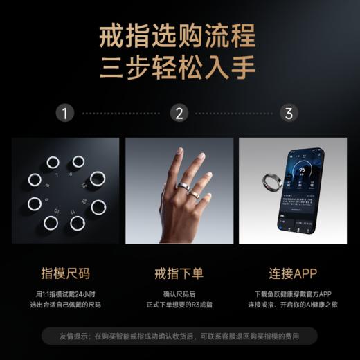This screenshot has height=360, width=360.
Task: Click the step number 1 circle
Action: click(x=64, y=113)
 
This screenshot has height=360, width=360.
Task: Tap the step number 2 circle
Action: click(x=179, y=113)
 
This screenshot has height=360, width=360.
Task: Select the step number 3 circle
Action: click(x=289, y=113)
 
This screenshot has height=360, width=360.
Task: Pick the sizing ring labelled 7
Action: click(x=52, y=163)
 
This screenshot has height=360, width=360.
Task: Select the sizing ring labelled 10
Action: click(x=50, y=223)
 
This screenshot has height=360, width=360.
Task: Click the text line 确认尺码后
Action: click(x=179, y=293)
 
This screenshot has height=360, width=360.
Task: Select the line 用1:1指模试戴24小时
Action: click(x=64, y=293)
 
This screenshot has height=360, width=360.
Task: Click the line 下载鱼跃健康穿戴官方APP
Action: click(x=293, y=293)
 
